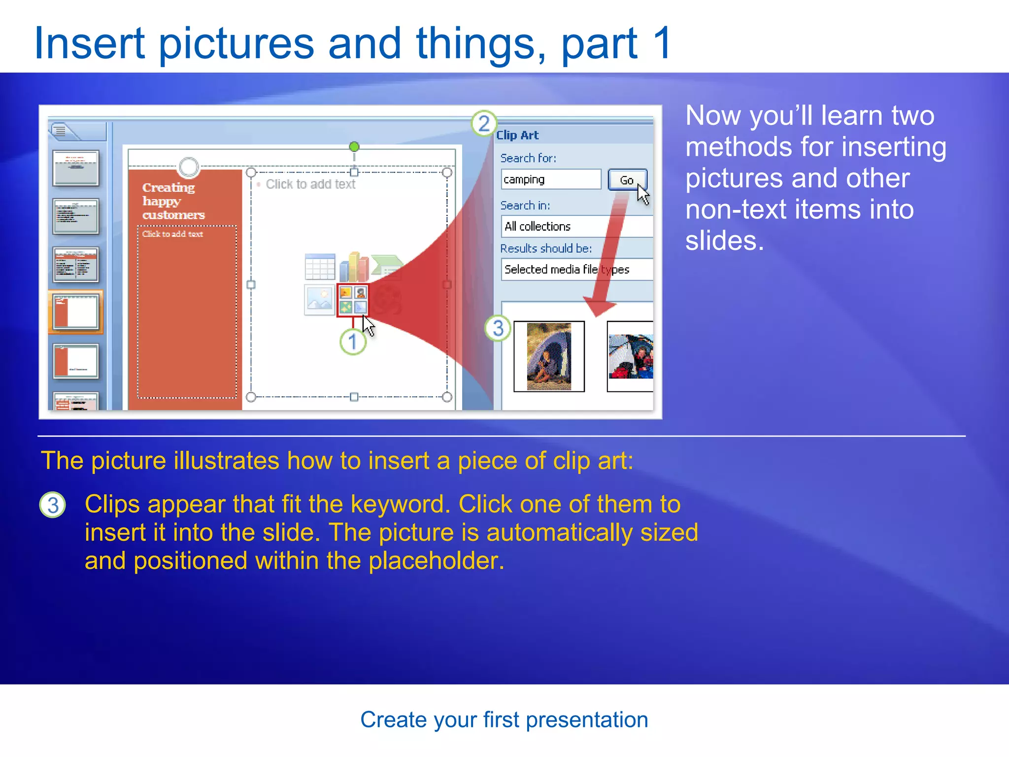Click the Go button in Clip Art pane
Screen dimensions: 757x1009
coord(626,180)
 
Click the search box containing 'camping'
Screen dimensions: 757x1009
coord(550,179)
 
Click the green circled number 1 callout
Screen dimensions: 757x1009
coord(353,342)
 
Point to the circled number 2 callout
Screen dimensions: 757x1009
coord(484,123)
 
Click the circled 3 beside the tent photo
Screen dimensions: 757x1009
coord(498,328)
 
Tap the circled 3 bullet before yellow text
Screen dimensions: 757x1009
coord(53,505)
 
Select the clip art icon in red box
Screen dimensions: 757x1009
coord(353,300)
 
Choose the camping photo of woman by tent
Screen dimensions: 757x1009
coord(549,356)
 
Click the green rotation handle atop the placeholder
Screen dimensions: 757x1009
coord(354,147)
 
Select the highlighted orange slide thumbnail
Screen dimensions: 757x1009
coord(76,312)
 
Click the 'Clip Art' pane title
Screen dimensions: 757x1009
coord(517,135)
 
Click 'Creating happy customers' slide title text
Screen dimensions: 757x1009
coord(173,201)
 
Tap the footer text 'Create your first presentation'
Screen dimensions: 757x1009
coord(504,720)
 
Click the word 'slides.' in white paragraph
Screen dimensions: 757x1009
coord(724,241)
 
